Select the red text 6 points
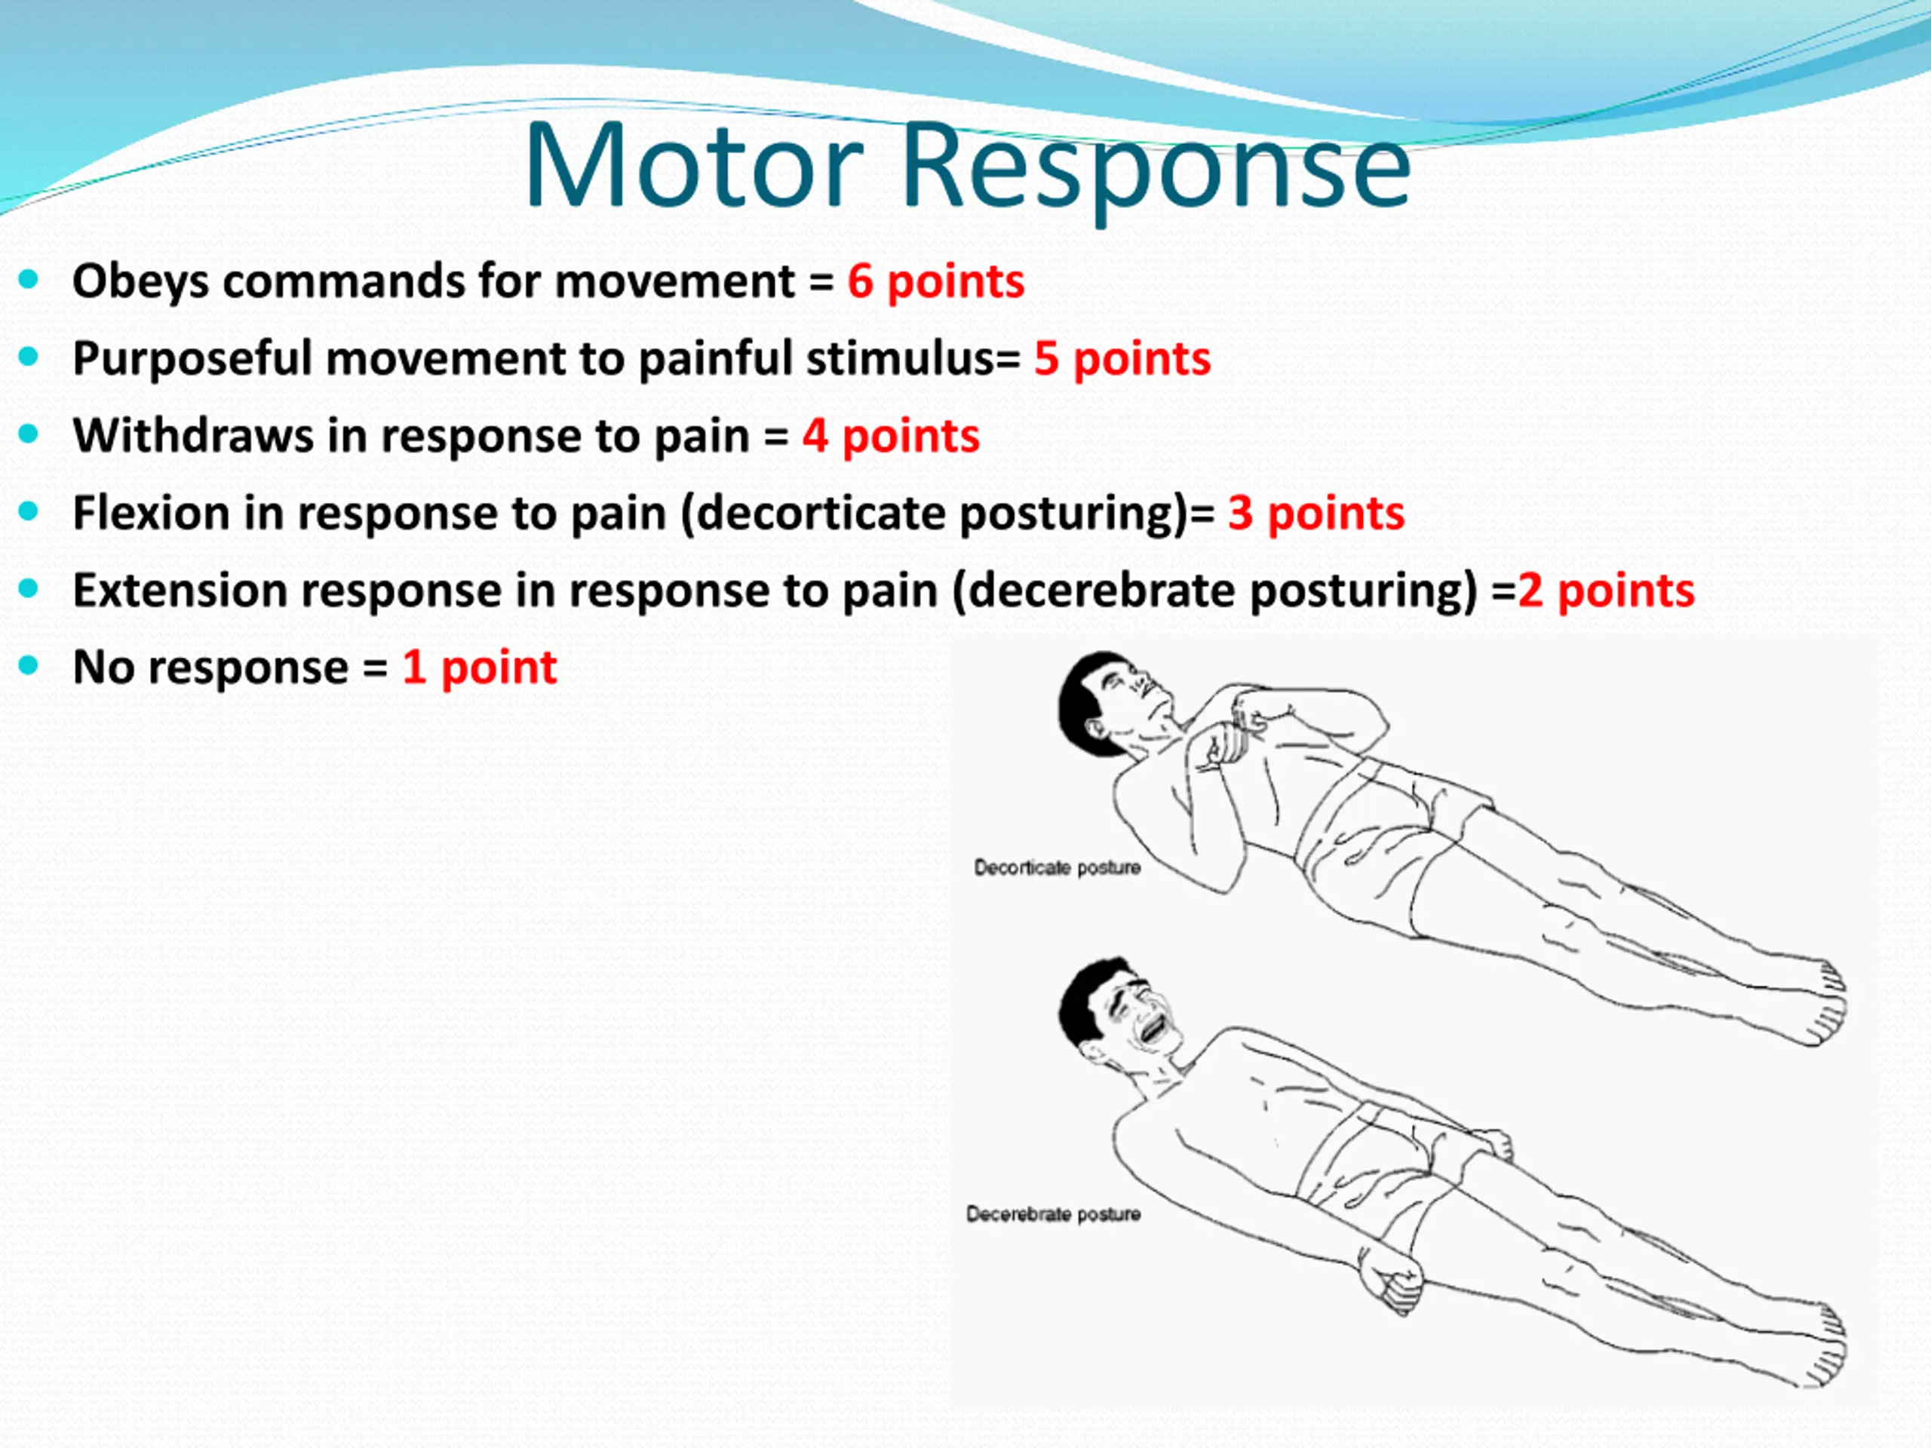pyautogui.click(x=936, y=282)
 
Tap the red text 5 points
pyautogui.click(x=1122, y=359)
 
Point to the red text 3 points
pyautogui.click(x=1316, y=514)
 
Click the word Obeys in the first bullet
pyautogui.click(x=140, y=282)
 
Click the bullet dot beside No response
pyautogui.click(x=29, y=667)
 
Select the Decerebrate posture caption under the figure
pyautogui.click(x=1053, y=1214)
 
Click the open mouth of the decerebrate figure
pyautogui.click(x=1153, y=1030)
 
